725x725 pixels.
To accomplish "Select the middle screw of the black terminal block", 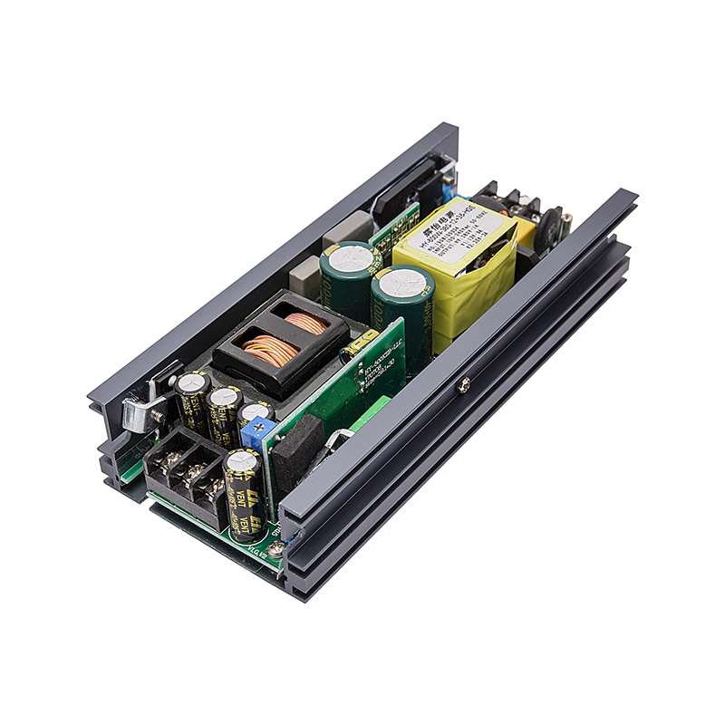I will [x=189, y=478].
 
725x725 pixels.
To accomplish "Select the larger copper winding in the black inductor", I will [x=268, y=348].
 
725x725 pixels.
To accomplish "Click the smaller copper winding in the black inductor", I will [x=295, y=318].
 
